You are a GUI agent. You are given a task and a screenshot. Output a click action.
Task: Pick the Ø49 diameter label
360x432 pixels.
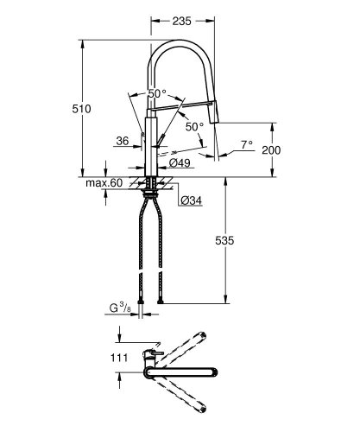coord(180,162)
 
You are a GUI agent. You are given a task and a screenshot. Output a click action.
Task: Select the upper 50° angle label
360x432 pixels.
coord(157,92)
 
